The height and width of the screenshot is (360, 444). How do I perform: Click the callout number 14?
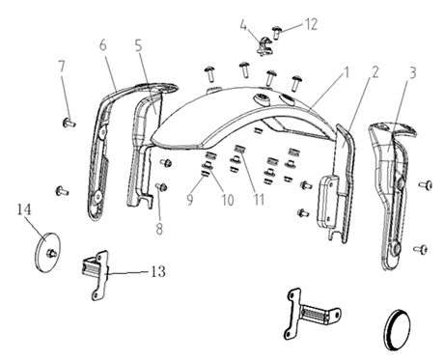coord(24,209)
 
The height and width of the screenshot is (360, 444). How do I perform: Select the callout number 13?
coord(158,272)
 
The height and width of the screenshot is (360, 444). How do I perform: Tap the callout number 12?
coord(311,25)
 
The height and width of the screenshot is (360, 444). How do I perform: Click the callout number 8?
coord(159,230)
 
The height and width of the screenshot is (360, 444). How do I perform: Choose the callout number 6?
coord(102,45)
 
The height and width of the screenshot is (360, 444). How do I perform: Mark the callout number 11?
coord(259,200)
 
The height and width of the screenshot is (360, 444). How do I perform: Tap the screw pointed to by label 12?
coord(277,33)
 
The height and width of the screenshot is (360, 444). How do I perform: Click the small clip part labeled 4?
coord(264,46)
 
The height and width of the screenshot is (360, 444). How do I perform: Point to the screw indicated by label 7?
coord(69,123)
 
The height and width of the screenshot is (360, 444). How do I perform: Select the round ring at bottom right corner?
coord(398,329)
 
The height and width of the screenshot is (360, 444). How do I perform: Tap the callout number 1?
coord(346,73)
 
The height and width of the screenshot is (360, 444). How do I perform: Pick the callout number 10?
coord(228,200)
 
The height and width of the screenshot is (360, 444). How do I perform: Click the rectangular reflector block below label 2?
coord(327,201)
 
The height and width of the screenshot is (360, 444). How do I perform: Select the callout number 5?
coord(138,46)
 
